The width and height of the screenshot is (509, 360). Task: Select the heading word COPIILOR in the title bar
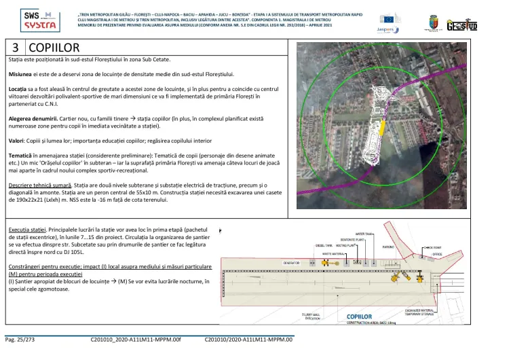pos(54,48)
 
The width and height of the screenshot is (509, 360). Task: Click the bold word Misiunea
pos(22,73)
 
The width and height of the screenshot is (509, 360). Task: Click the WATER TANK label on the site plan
pos(364,233)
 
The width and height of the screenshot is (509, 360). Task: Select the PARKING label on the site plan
pos(388,247)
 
